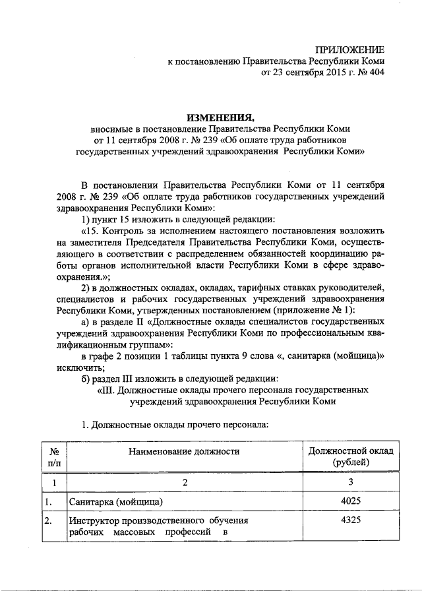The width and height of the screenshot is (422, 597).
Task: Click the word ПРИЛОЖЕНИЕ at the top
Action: (x=349, y=49)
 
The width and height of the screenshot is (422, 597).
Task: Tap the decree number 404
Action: (x=375, y=73)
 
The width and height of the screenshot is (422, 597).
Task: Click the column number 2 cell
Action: (x=185, y=483)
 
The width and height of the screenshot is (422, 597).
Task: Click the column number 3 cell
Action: (x=351, y=483)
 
